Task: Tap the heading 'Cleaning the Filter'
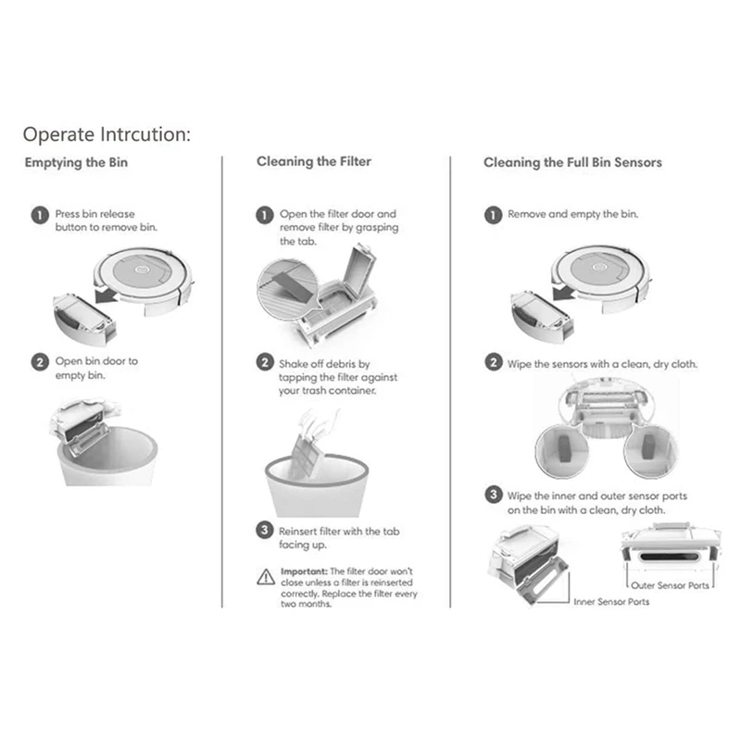tap(313, 161)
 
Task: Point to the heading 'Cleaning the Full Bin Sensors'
tap(572, 162)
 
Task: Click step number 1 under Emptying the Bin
tap(39, 215)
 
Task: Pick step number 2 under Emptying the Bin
tap(39, 362)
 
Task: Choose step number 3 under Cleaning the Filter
tap(265, 532)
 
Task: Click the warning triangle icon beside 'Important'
tap(265, 575)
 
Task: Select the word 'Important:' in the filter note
tap(303, 571)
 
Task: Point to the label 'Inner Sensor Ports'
tap(611, 602)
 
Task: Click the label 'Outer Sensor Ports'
tap(671, 585)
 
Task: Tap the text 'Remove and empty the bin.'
tap(572, 214)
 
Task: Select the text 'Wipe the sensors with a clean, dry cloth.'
tap(602, 364)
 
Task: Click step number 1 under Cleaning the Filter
tap(265, 215)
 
